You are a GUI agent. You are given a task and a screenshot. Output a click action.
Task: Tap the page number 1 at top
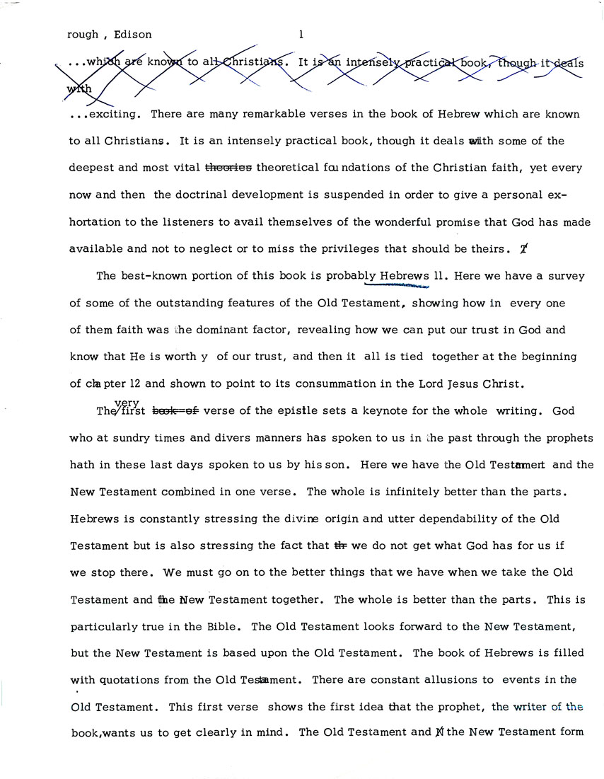[301, 33]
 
